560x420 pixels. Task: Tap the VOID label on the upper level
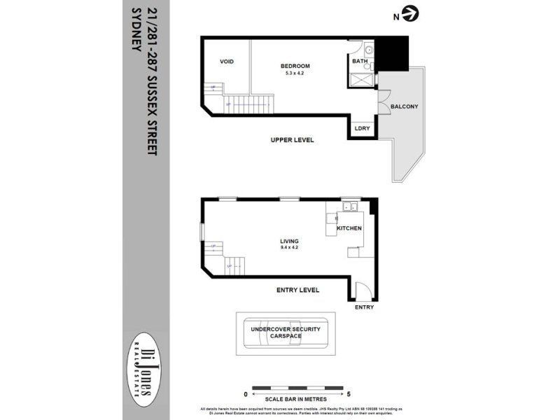point(227,62)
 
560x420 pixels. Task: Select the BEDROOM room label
point(297,66)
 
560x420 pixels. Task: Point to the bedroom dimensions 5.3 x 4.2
point(297,73)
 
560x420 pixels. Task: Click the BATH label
point(360,62)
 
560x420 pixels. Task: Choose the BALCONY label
point(404,106)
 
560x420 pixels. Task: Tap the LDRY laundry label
point(362,129)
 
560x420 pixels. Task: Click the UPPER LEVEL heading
point(292,140)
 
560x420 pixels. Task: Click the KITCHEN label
point(349,229)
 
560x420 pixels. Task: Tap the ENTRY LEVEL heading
point(297,290)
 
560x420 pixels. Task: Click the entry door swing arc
point(361,289)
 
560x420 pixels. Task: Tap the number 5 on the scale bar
point(349,395)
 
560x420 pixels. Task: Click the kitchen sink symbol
point(349,206)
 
